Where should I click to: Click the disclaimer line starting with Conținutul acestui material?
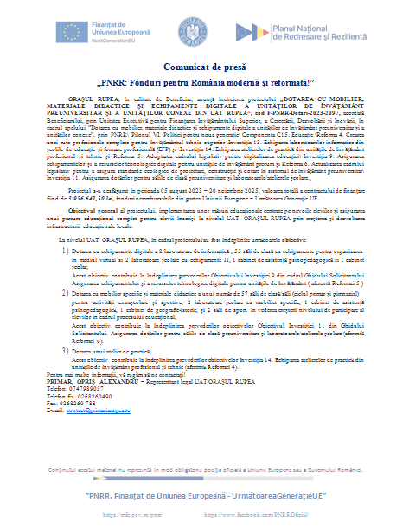click(x=205, y=467)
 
